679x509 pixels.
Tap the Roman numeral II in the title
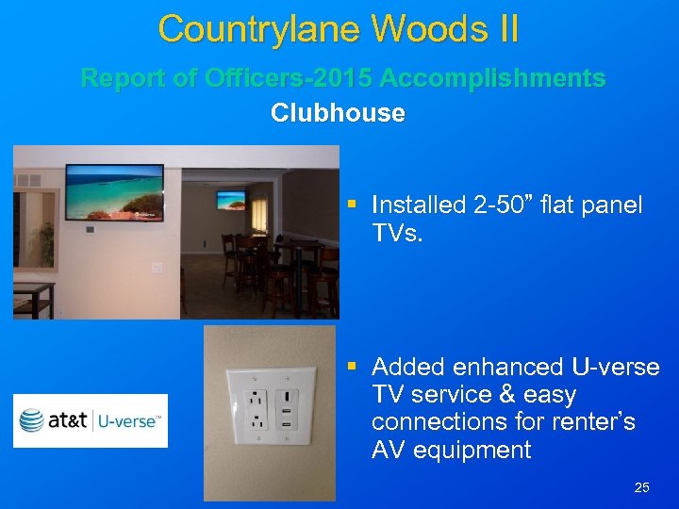click(502, 29)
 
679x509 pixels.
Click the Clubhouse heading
click(338, 113)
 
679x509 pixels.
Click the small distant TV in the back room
click(230, 200)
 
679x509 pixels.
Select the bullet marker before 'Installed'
click(352, 205)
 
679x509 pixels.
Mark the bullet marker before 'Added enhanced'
click(352, 366)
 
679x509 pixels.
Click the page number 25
click(642, 487)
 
